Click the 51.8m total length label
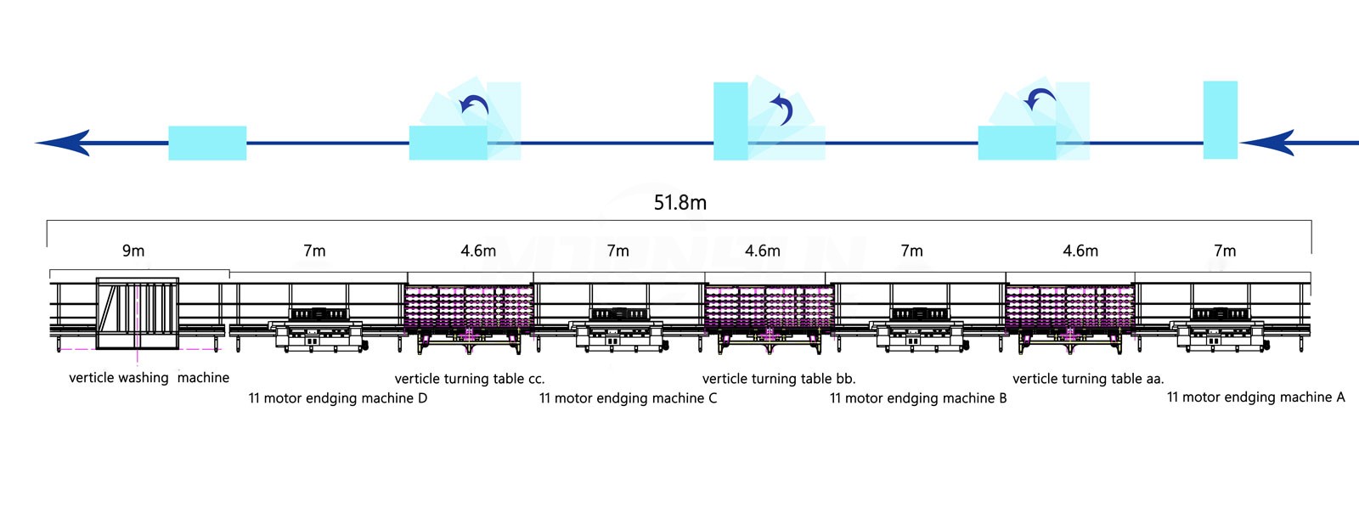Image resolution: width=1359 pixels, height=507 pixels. click(679, 203)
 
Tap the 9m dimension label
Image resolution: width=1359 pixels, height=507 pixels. click(133, 251)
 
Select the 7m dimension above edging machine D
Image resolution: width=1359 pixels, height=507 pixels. click(314, 251)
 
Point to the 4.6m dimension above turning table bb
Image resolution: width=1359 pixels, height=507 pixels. click(762, 251)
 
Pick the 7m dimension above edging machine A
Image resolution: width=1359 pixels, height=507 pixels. click(1225, 251)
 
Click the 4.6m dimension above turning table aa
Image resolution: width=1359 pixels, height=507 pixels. click(1080, 251)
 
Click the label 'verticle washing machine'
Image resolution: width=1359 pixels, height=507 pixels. click(149, 378)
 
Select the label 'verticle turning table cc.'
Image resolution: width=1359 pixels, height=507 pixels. click(470, 379)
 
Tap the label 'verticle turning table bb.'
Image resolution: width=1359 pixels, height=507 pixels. click(779, 379)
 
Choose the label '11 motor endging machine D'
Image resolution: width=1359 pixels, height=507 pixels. click(338, 398)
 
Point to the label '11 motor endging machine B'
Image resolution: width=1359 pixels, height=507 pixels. click(918, 398)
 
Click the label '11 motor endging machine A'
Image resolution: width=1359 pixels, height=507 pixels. click(1255, 397)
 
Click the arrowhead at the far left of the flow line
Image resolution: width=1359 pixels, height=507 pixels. click(64, 143)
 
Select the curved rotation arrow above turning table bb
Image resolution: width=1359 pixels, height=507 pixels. click(782, 109)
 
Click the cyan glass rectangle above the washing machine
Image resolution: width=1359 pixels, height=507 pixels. click(207, 143)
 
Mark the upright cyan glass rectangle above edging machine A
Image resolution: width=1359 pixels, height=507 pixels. click(1220, 120)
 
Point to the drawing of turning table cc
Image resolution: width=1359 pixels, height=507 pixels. click(469, 314)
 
